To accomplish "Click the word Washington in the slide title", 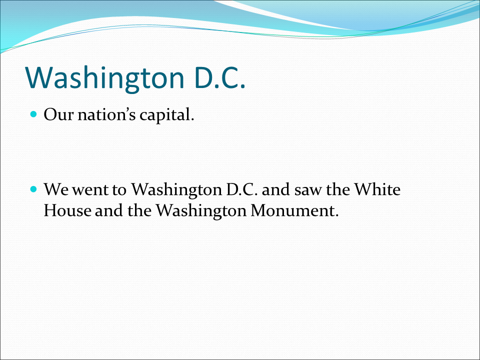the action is point(104,78).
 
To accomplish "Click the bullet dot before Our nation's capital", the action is point(33,114).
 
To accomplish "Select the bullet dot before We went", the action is point(33,189).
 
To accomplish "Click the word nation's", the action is point(106,115).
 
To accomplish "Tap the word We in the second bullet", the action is point(56,189).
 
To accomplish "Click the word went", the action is point(90,190).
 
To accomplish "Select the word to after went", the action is point(119,190).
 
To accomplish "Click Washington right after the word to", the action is point(176,190).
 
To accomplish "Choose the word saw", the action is point(307,191).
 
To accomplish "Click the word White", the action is point(377,189).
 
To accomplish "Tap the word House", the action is point(67,210).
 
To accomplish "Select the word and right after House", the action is point(108,210).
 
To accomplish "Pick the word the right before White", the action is point(337,189).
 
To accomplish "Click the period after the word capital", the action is point(192,119).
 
